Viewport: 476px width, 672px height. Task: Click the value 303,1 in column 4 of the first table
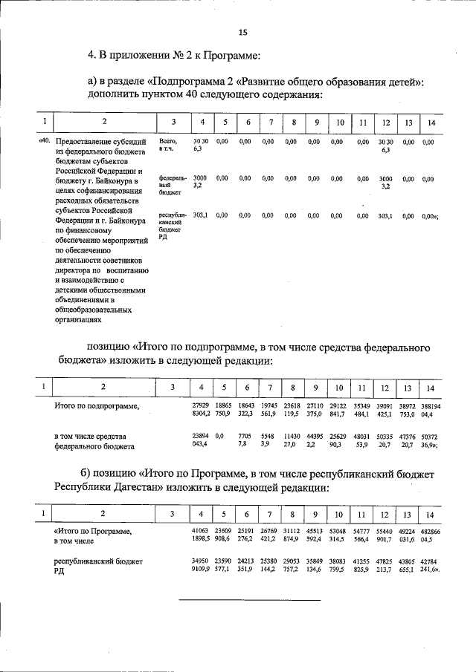tap(200, 215)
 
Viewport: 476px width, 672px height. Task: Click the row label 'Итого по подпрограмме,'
tap(97, 407)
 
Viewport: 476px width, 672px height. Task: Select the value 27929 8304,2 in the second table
tap(201, 411)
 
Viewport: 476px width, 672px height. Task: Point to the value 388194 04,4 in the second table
tap(430, 411)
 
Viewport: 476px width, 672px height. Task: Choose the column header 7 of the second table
tap(271, 388)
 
